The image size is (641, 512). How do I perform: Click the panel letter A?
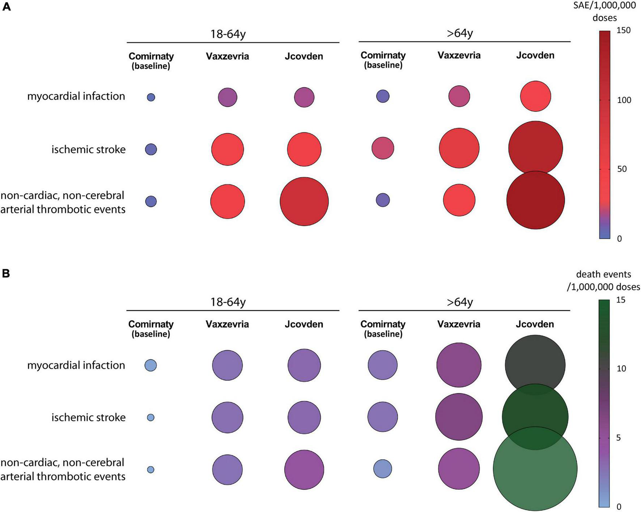(x=6, y=7)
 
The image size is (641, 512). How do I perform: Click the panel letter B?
(x=6, y=273)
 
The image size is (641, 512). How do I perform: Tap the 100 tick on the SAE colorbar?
(x=624, y=100)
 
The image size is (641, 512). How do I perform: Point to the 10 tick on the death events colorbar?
(x=621, y=368)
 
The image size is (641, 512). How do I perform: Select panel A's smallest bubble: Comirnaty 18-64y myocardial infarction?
(x=151, y=97)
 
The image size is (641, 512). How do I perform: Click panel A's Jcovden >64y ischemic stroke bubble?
(x=535, y=148)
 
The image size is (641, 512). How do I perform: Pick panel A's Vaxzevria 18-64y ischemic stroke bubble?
(x=228, y=149)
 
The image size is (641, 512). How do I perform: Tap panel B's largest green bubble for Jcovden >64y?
(x=535, y=468)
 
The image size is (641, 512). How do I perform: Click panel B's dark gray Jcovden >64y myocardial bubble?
(x=535, y=364)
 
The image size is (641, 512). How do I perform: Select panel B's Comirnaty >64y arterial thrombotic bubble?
(x=383, y=469)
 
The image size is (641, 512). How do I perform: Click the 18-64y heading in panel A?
(x=228, y=34)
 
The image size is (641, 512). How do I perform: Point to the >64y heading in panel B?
(x=459, y=302)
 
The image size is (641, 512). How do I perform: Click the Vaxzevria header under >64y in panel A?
(x=459, y=55)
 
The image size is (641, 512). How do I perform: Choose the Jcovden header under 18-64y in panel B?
(x=303, y=324)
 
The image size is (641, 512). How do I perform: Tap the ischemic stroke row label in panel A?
(x=88, y=149)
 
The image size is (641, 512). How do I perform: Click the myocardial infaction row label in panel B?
(x=76, y=365)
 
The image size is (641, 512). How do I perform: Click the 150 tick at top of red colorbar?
(x=623, y=30)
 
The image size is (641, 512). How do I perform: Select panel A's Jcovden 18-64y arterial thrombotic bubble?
(x=304, y=201)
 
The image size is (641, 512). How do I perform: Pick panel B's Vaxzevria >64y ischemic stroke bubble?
(x=459, y=417)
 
